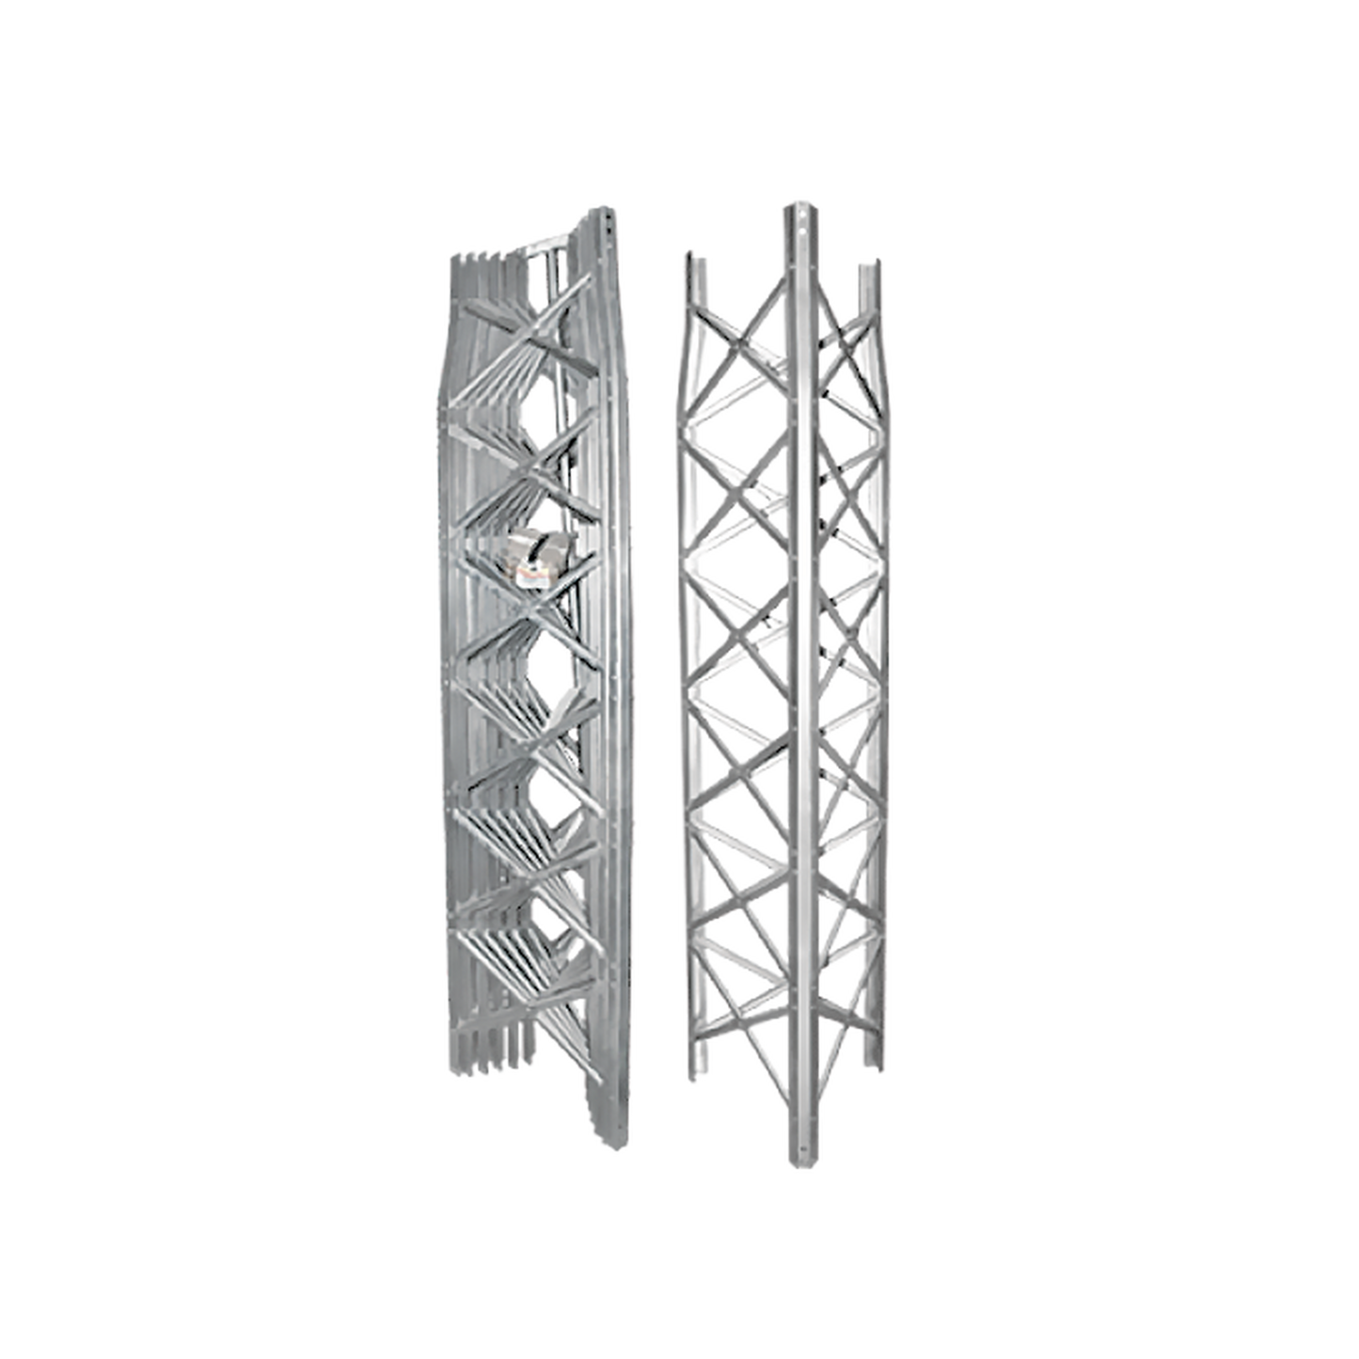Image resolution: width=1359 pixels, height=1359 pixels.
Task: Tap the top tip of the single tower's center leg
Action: coord(792,202)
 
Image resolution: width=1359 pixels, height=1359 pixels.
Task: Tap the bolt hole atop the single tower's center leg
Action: coord(792,218)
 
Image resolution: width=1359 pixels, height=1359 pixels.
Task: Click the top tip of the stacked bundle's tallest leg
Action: coord(611,204)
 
